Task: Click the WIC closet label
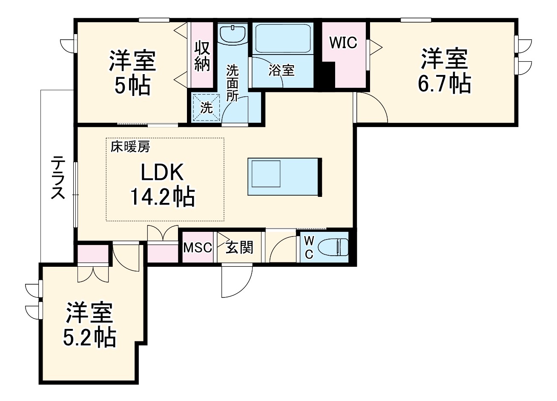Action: coord(343,43)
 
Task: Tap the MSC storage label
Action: coord(198,247)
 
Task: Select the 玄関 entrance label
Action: coord(239,247)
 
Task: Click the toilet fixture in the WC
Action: coord(334,247)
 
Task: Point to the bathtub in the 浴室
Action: coord(282,38)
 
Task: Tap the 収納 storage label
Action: coord(202,55)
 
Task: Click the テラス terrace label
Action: coord(58,177)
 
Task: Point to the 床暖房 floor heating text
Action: coord(130,147)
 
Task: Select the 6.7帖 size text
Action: coord(444,84)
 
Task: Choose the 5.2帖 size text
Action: coord(89,338)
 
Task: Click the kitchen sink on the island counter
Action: coord(265,173)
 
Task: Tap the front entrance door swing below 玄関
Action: coord(236,281)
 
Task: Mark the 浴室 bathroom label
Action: coord(281,70)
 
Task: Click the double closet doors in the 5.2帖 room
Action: coord(93,273)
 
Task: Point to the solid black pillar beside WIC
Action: coord(327,75)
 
